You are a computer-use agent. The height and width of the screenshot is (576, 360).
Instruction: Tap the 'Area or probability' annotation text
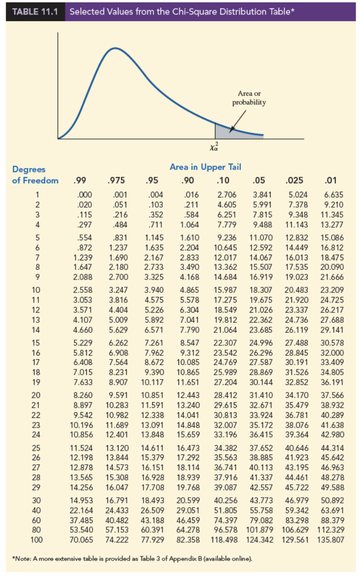[x=249, y=98]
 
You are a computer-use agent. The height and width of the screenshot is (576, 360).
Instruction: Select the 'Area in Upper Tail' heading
[x=205, y=167]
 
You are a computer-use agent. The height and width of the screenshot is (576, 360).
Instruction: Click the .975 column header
[x=116, y=181]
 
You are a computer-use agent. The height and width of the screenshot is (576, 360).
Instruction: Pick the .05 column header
[x=260, y=181]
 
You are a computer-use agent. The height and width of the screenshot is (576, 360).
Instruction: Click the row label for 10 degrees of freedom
[x=37, y=290]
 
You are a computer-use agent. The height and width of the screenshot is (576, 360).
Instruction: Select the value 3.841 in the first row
[x=263, y=195]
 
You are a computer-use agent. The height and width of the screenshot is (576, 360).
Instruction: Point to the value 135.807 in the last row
[x=331, y=539]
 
